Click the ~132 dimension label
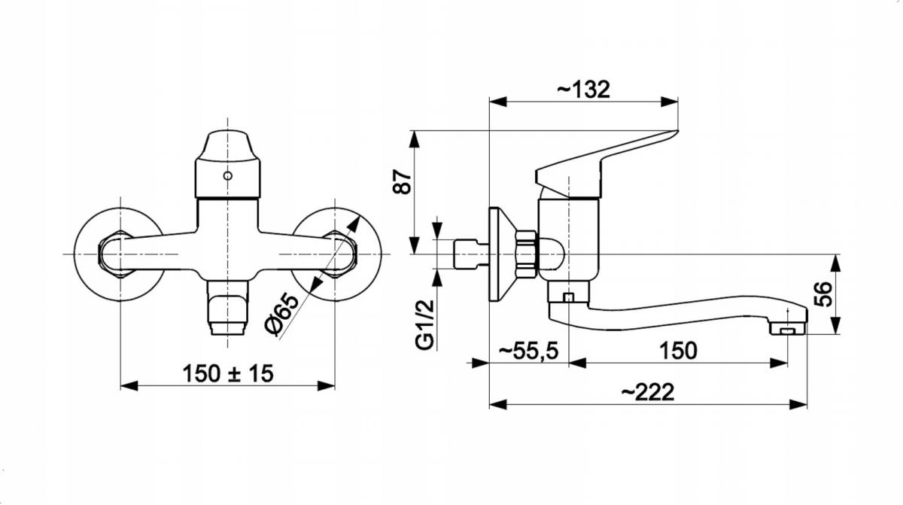pyautogui.click(x=583, y=90)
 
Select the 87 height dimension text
pyautogui.click(x=403, y=181)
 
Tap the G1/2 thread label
pyautogui.click(x=425, y=325)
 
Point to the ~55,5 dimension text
pyautogui.click(x=528, y=351)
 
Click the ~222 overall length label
pyautogui.click(x=647, y=392)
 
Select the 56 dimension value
pyautogui.click(x=822, y=294)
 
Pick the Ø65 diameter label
pyautogui.click(x=283, y=315)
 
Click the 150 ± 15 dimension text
pyautogui.click(x=228, y=373)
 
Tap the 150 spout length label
pyautogui.click(x=678, y=351)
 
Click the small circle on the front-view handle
pyautogui.click(x=228, y=175)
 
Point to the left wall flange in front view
pyautogui.click(x=119, y=254)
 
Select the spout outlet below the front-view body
pyautogui.click(x=228, y=308)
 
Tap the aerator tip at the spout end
pyautogui.click(x=788, y=328)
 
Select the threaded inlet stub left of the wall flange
pyautogui.click(x=471, y=254)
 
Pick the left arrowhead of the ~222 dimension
pyautogui.click(x=497, y=404)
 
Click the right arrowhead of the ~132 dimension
pyautogui.click(x=669, y=102)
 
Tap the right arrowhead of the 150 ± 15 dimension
pyautogui.click(x=326, y=385)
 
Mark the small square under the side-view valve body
pyautogui.click(x=568, y=297)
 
